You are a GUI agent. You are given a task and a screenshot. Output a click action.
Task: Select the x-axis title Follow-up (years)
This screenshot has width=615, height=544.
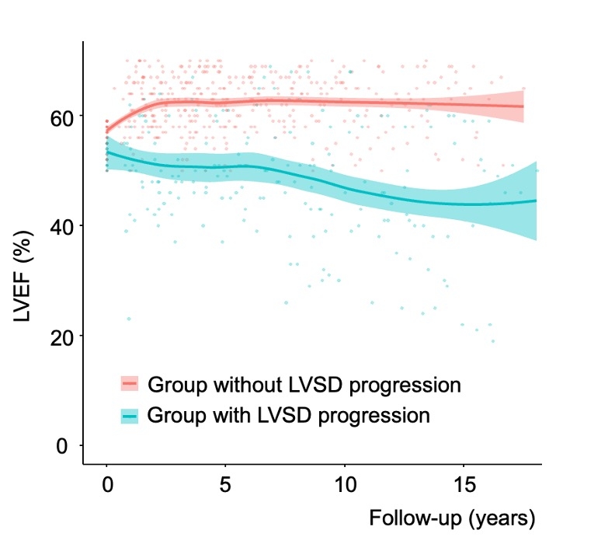click(x=452, y=518)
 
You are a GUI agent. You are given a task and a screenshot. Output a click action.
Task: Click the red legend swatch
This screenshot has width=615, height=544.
click(x=129, y=385)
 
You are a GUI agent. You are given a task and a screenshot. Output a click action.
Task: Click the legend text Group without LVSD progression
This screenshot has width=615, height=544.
click(x=304, y=385)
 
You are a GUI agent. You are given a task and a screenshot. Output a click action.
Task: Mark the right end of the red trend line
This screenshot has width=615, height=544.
click(x=523, y=106)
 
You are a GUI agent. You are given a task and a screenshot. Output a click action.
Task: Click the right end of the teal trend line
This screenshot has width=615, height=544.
click(x=536, y=201)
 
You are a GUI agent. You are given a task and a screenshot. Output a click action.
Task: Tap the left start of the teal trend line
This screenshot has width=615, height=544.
click(x=107, y=152)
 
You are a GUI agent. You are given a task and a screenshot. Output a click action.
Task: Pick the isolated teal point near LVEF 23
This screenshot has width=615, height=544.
click(x=129, y=319)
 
